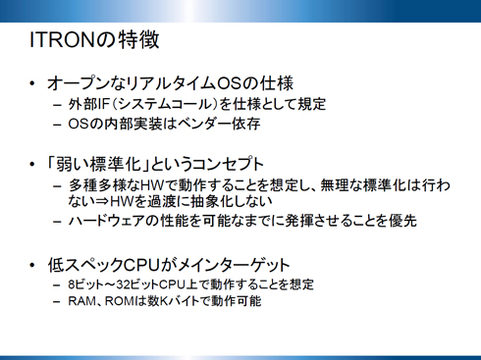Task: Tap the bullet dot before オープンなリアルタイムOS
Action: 34,82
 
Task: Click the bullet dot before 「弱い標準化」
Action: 34,161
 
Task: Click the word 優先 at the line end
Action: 404,222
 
